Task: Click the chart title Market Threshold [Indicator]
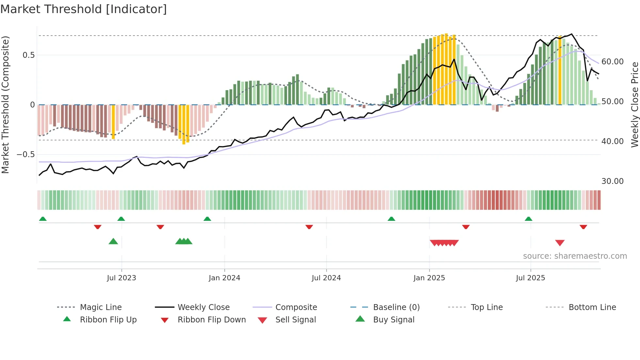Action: pos(84,9)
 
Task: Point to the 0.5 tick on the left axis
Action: pos(29,55)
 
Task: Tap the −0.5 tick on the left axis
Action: pos(26,155)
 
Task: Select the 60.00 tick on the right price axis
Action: pos(612,62)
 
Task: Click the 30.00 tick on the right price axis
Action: pos(612,181)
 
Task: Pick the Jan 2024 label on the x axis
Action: pos(224,278)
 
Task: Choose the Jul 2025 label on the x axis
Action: pos(530,278)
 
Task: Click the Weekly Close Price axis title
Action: pos(634,105)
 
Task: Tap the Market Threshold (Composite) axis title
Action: pos(6,105)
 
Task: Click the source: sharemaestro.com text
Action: pos(575,256)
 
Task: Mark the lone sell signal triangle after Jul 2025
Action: pos(560,243)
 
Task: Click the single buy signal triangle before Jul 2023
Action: pos(113,241)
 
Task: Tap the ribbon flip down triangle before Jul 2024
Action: pos(309,227)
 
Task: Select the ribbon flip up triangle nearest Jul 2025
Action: pos(528,219)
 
